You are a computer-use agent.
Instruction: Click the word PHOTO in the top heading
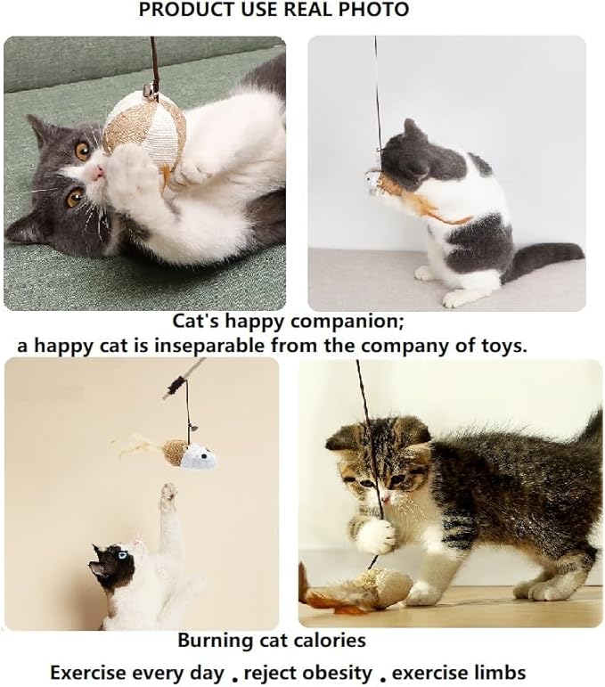click(378, 11)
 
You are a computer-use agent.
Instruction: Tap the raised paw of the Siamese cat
click(168, 495)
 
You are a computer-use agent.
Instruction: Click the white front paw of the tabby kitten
click(378, 535)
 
